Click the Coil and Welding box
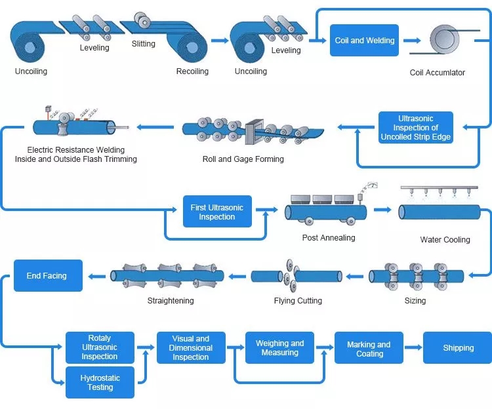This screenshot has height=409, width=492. pyautogui.click(x=365, y=41)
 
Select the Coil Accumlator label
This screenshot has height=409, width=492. pyautogui.click(x=437, y=73)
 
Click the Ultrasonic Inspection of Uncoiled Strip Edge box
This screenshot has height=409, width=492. pyautogui.click(x=416, y=128)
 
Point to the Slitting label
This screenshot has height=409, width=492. pyautogui.click(x=143, y=44)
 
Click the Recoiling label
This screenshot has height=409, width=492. pyautogui.click(x=192, y=71)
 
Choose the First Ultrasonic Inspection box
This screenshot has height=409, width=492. pyautogui.click(x=216, y=212)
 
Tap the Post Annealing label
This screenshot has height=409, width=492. pyautogui.click(x=328, y=238)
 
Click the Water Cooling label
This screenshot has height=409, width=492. pyautogui.click(x=445, y=240)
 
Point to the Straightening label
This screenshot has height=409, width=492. pyautogui.click(x=170, y=301)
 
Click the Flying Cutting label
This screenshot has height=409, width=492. pyautogui.click(x=298, y=301)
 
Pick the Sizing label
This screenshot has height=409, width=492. pyautogui.click(x=415, y=301)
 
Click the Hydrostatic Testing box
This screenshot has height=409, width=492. pyautogui.click(x=100, y=383)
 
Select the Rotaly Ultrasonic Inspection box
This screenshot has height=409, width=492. pyautogui.click(x=100, y=347)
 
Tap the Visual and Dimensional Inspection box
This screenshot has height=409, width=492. pyautogui.click(x=191, y=348)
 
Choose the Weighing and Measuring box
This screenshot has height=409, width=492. pyautogui.click(x=279, y=348)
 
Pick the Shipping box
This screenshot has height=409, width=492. pyautogui.click(x=458, y=348)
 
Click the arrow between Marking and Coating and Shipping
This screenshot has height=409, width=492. pyautogui.click(x=413, y=348)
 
